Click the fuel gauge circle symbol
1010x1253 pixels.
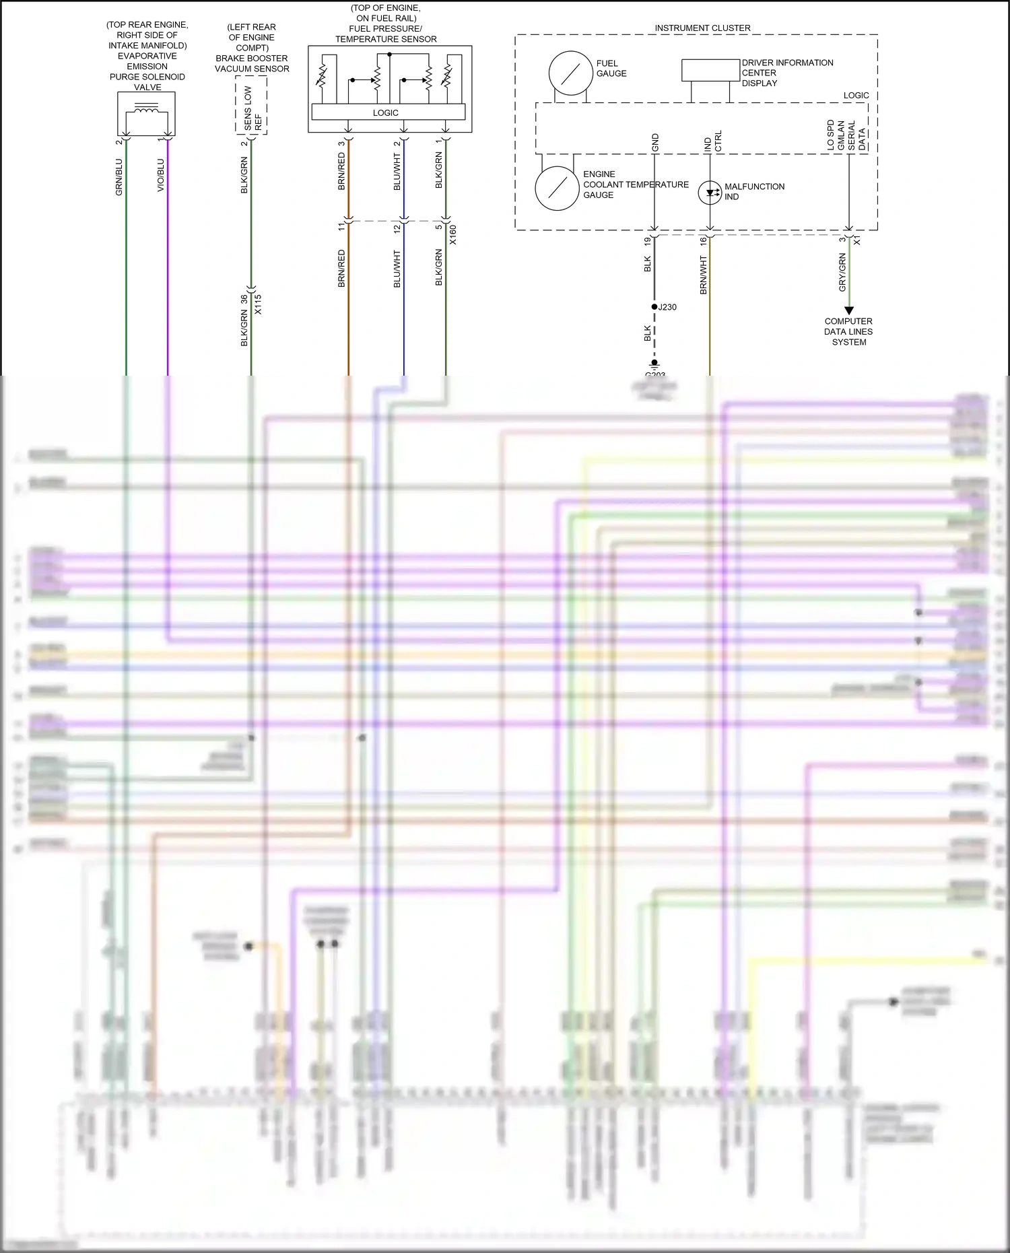click(x=570, y=73)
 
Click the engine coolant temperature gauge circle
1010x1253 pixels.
click(x=557, y=189)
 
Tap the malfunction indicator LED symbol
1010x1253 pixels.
click(x=710, y=193)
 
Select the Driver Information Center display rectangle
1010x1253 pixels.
click(x=710, y=71)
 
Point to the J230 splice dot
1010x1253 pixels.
click(x=654, y=307)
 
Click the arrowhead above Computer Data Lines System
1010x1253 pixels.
click(x=849, y=310)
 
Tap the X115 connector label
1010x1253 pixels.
click(x=258, y=304)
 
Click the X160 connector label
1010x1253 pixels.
click(x=453, y=234)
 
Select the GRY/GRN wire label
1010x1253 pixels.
click(x=842, y=272)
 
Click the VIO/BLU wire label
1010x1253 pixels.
click(x=161, y=175)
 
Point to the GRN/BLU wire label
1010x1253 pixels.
click(x=119, y=177)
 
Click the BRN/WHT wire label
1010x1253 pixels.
click(x=704, y=275)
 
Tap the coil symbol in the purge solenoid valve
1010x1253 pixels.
click(x=146, y=108)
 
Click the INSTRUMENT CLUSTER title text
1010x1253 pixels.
click(x=702, y=28)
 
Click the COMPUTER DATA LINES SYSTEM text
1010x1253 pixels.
click(x=848, y=332)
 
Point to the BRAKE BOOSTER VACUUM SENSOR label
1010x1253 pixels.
click(x=252, y=63)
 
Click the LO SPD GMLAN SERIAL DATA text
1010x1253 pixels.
click(x=846, y=135)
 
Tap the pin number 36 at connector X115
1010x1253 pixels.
click(x=244, y=300)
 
